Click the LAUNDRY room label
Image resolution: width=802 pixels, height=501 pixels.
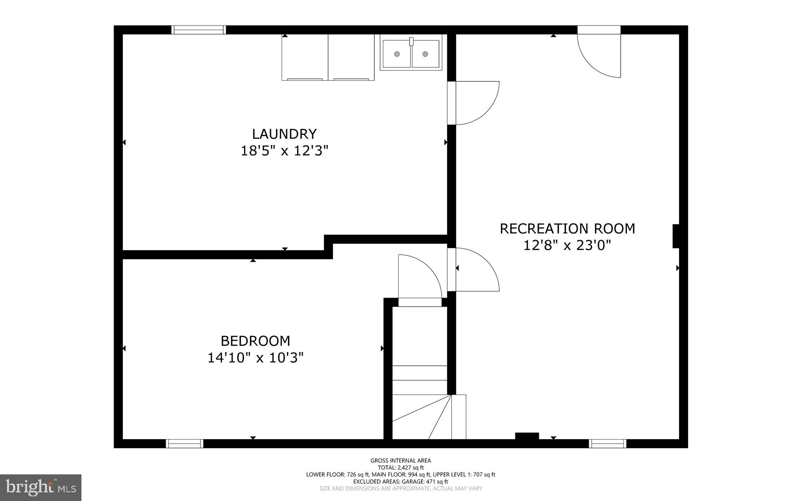(284, 134)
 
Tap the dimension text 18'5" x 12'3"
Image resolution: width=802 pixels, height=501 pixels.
(284, 151)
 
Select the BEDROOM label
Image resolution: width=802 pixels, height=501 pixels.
(255, 341)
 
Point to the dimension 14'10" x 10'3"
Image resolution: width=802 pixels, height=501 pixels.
(255, 358)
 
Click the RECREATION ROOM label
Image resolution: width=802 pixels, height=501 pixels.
(567, 228)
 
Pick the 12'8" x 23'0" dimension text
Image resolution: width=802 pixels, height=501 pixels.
(567, 246)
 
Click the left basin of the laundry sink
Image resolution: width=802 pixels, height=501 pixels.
(397, 54)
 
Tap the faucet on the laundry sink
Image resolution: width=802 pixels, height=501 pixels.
(411, 41)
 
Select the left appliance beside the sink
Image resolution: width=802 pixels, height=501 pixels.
(305, 57)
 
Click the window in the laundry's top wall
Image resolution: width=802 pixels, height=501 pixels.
(199, 30)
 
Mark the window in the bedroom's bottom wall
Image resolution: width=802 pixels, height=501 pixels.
(184, 443)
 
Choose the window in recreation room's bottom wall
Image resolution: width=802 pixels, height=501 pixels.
(607, 443)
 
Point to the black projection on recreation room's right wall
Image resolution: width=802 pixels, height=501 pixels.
(676, 236)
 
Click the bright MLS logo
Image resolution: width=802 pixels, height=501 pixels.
(41, 487)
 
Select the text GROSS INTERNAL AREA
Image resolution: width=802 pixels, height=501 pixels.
(401, 461)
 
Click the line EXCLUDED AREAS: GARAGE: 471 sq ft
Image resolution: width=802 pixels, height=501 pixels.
(401, 481)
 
